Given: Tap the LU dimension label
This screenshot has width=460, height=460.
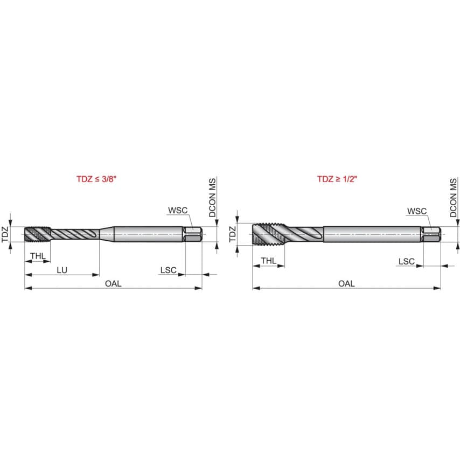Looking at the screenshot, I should [x=62, y=270].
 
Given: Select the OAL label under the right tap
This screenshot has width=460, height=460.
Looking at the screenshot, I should [x=346, y=283].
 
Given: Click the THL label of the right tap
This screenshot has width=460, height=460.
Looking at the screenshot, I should [x=269, y=261].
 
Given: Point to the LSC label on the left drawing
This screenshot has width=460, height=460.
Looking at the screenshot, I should [x=168, y=270].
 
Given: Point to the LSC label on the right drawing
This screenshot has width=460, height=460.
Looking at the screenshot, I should [x=406, y=261].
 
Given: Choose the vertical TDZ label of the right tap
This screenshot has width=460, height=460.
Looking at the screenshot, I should [x=233, y=234].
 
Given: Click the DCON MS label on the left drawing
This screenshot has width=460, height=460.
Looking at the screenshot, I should [x=213, y=198].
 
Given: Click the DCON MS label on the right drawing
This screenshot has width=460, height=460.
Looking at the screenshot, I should [x=454, y=198].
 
